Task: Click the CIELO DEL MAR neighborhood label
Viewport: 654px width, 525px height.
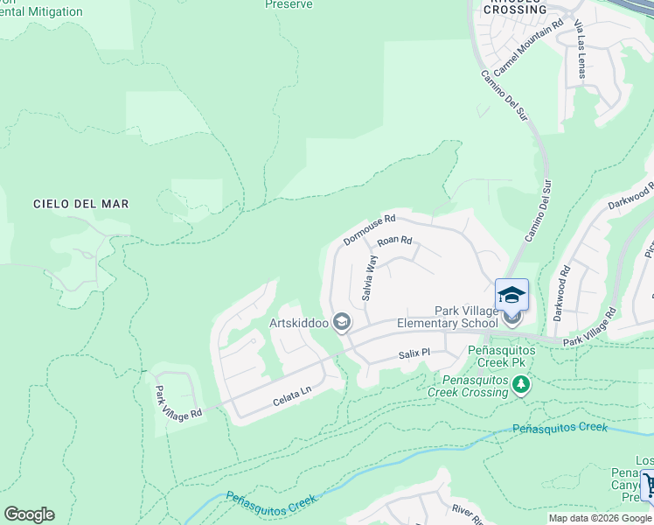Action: tap(80, 204)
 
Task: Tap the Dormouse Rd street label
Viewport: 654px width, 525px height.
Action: tap(369, 229)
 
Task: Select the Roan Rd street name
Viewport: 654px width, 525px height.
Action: tap(393, 241)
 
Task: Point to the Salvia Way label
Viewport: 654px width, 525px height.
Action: tap(369, 277)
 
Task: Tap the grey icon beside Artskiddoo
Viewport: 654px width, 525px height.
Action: tap(342, 324)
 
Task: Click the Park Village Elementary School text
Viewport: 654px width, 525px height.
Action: tap(449, 318)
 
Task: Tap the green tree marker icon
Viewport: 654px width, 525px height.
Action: tap(521, 384)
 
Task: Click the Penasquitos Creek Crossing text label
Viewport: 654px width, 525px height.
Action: tap(468, 385)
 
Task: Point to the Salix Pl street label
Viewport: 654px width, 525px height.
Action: tap(414, 353)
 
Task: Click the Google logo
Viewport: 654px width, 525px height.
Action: tap(29, 514)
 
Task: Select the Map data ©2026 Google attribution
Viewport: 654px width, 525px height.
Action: tap(600, 518)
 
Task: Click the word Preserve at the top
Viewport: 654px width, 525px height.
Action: tap(289, 4)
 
